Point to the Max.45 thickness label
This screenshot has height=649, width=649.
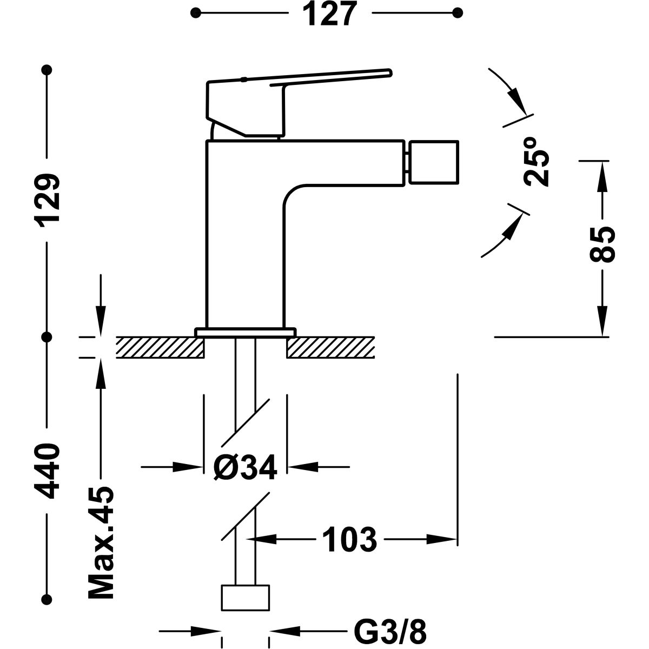pos(100,542)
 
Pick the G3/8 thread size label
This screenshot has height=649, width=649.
pos(389,631)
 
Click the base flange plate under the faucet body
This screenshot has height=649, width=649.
pos(246,332)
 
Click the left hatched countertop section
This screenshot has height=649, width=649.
pos(160,347)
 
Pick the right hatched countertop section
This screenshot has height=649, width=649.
pos(331,347)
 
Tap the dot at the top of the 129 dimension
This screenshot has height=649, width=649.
pos(48,70)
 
